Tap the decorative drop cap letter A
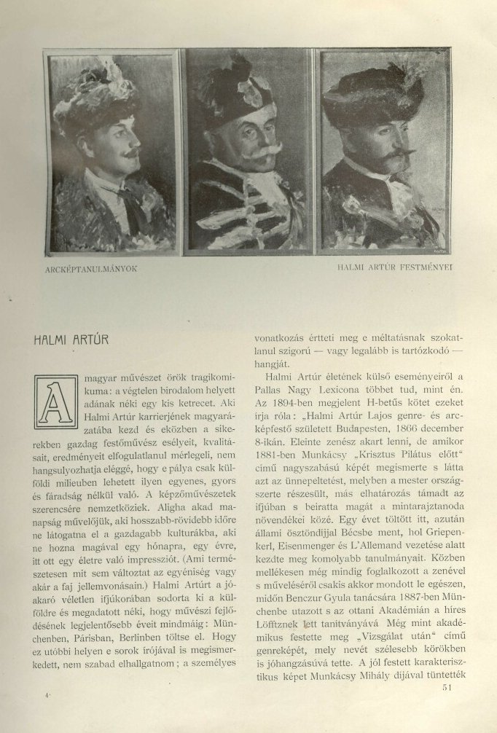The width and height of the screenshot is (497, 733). [x=56, y=401]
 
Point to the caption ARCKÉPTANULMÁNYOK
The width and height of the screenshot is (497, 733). [x=90, y=269]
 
